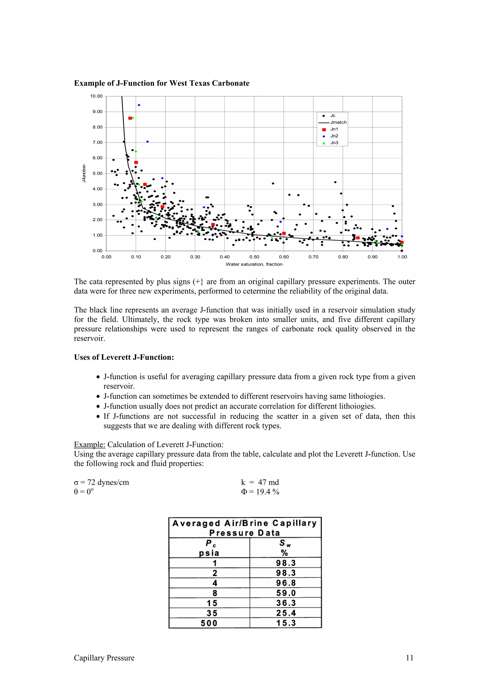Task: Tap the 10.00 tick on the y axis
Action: [x=96, y=96]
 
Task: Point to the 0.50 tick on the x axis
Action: [x=254, y=257]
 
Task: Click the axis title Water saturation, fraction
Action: [x=254, y=264]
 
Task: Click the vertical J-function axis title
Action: [x=84, y=173]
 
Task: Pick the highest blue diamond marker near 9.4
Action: [x=139, y=105]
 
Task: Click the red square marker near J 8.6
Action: [x=130, y=118]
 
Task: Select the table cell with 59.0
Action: [x=286, y=593]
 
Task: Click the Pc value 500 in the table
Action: [x=209, y=623]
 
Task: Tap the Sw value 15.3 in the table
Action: [x=286, y=623]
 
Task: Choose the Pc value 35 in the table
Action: [x=212, y=613]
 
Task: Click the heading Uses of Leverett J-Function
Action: [x=124, y=357]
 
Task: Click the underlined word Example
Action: [x=90, y=445]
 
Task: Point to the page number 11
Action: [x=409, y=658]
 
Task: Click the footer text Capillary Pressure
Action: [x=104, y=658]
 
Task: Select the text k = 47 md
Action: [x=260, y=482]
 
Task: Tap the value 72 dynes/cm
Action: [x=108, y=482]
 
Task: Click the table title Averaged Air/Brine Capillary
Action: [x=244, y=523]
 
